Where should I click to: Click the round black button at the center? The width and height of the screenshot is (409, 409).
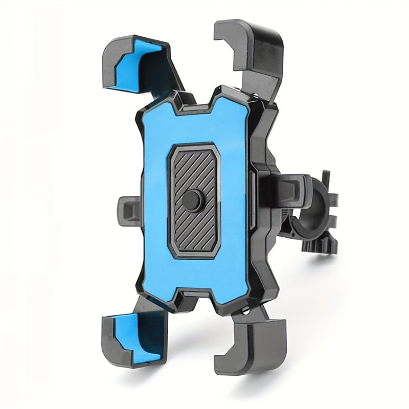(x=193, y=198)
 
